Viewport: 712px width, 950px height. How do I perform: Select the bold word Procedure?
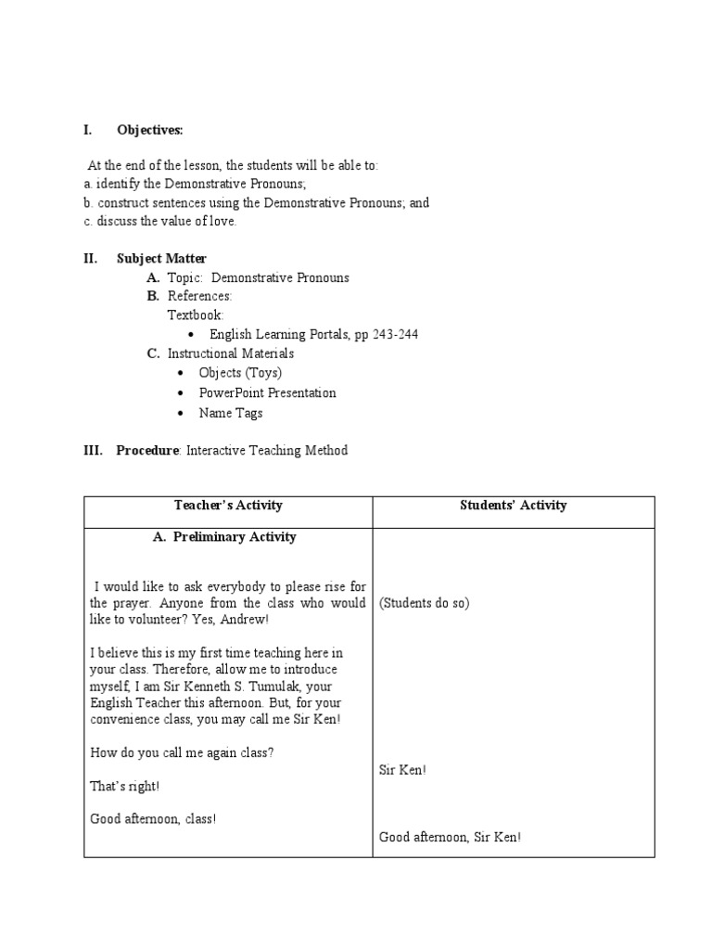tap(146, 450)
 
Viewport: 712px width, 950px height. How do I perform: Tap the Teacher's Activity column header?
tap(228, 506)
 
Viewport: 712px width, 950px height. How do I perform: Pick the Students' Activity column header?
tap(513, 506)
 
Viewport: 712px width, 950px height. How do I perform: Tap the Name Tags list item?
tap(230, 413)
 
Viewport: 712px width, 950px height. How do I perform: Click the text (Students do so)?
tap(424, 603)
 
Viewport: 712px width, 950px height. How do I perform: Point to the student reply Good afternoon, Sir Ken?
tap(450, 837)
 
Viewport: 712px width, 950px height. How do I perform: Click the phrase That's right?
tap(124, 786)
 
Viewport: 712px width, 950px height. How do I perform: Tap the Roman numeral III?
tap(92, 450)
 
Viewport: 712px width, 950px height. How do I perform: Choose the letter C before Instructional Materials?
tap(153, 353)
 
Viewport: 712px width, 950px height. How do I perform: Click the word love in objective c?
tap(222, 221)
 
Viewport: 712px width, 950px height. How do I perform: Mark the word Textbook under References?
tap(195, 315)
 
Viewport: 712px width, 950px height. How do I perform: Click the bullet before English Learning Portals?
tap(189, 335)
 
